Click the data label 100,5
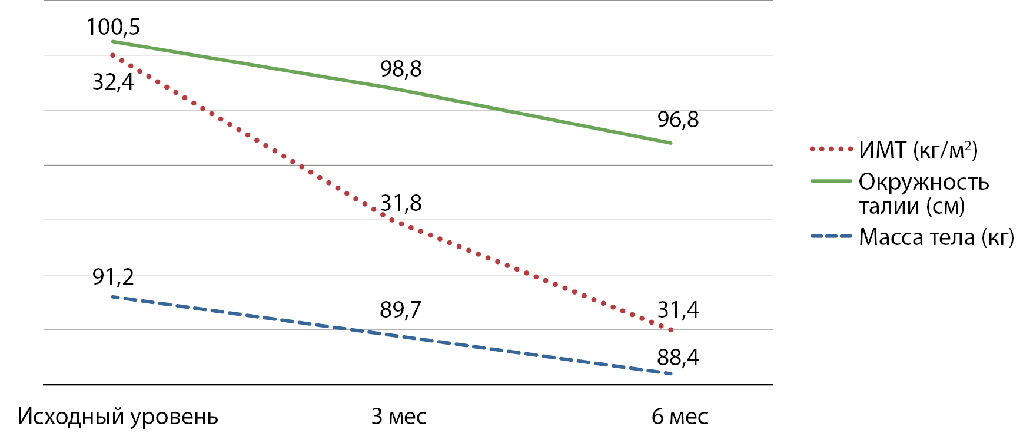[113, 27]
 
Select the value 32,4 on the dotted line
[113, 82]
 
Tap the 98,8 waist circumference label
[401, 69]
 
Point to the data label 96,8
[678, 120]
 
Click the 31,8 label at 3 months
[401, 203]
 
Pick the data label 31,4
[678, 310]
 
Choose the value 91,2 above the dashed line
[113, 276]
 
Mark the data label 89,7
[401, 310]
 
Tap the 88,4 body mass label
[678, 358]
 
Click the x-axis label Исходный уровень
[118, 417]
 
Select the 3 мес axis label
[399, 417]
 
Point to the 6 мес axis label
[680, 417]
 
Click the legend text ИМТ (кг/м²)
[918, 150]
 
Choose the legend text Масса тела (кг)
[936, 237]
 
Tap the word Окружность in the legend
[924, 182]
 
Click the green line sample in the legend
[831, 181]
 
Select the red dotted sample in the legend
[831, 149]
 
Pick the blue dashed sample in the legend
[831, 236]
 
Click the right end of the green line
[671, 143]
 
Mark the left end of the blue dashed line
[112, 296]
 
